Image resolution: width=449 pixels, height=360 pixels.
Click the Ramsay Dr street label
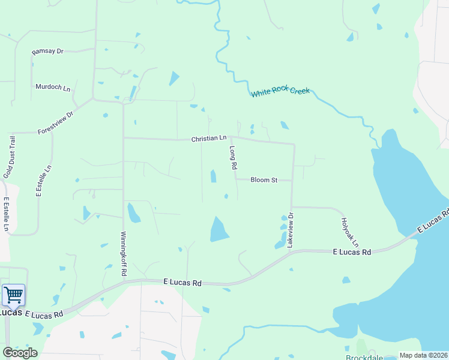[47, 52]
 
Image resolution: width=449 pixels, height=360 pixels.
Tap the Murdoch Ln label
[53, 87]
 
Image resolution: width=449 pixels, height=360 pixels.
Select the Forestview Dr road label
[55, 122]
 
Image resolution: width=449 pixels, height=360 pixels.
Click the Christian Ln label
[209, 139]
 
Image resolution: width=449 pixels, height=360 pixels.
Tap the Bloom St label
[264, 179]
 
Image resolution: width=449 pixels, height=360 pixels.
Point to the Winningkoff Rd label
[124, 253]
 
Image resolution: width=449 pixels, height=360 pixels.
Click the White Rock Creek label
[280, 92]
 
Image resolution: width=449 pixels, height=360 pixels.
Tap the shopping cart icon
[13, 295]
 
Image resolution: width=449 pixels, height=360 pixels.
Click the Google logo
[19, 353]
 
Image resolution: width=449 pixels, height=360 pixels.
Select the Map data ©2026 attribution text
[423, 355]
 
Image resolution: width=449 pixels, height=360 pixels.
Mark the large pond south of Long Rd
[218, 229]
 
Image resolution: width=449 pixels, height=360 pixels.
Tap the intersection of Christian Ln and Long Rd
[231, 137]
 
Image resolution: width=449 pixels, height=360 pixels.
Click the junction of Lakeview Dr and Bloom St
[292, 179]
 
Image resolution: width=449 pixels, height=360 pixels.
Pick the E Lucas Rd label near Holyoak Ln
[352, 253]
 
